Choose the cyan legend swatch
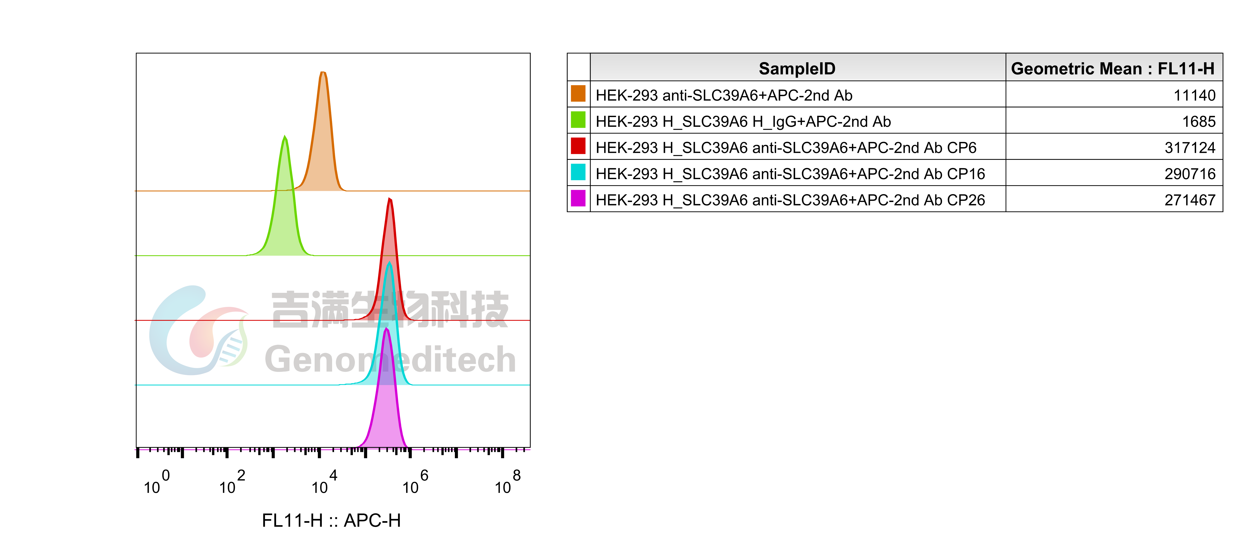[578, 172]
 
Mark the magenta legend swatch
[578, 198]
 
